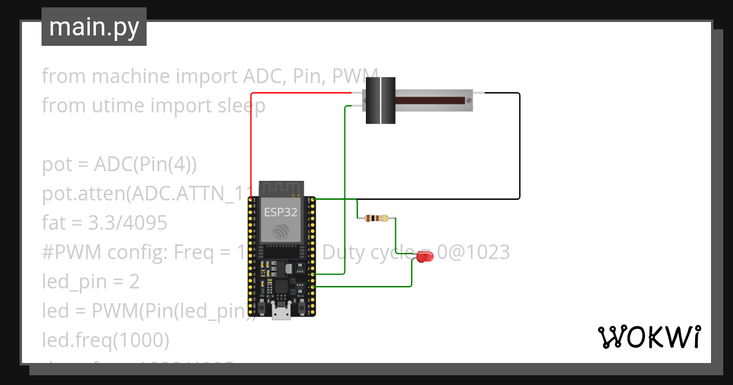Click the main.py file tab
pos(93,27)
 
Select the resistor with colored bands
pos(376,218)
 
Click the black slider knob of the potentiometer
pos(381,100)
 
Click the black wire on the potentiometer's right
pos(519,147)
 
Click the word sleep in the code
pos(242,106)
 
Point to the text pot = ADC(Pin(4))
pos(119,164)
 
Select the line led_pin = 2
pos(90,282)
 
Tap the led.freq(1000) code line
pos(105,340)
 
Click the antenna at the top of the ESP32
pos(282,188)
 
